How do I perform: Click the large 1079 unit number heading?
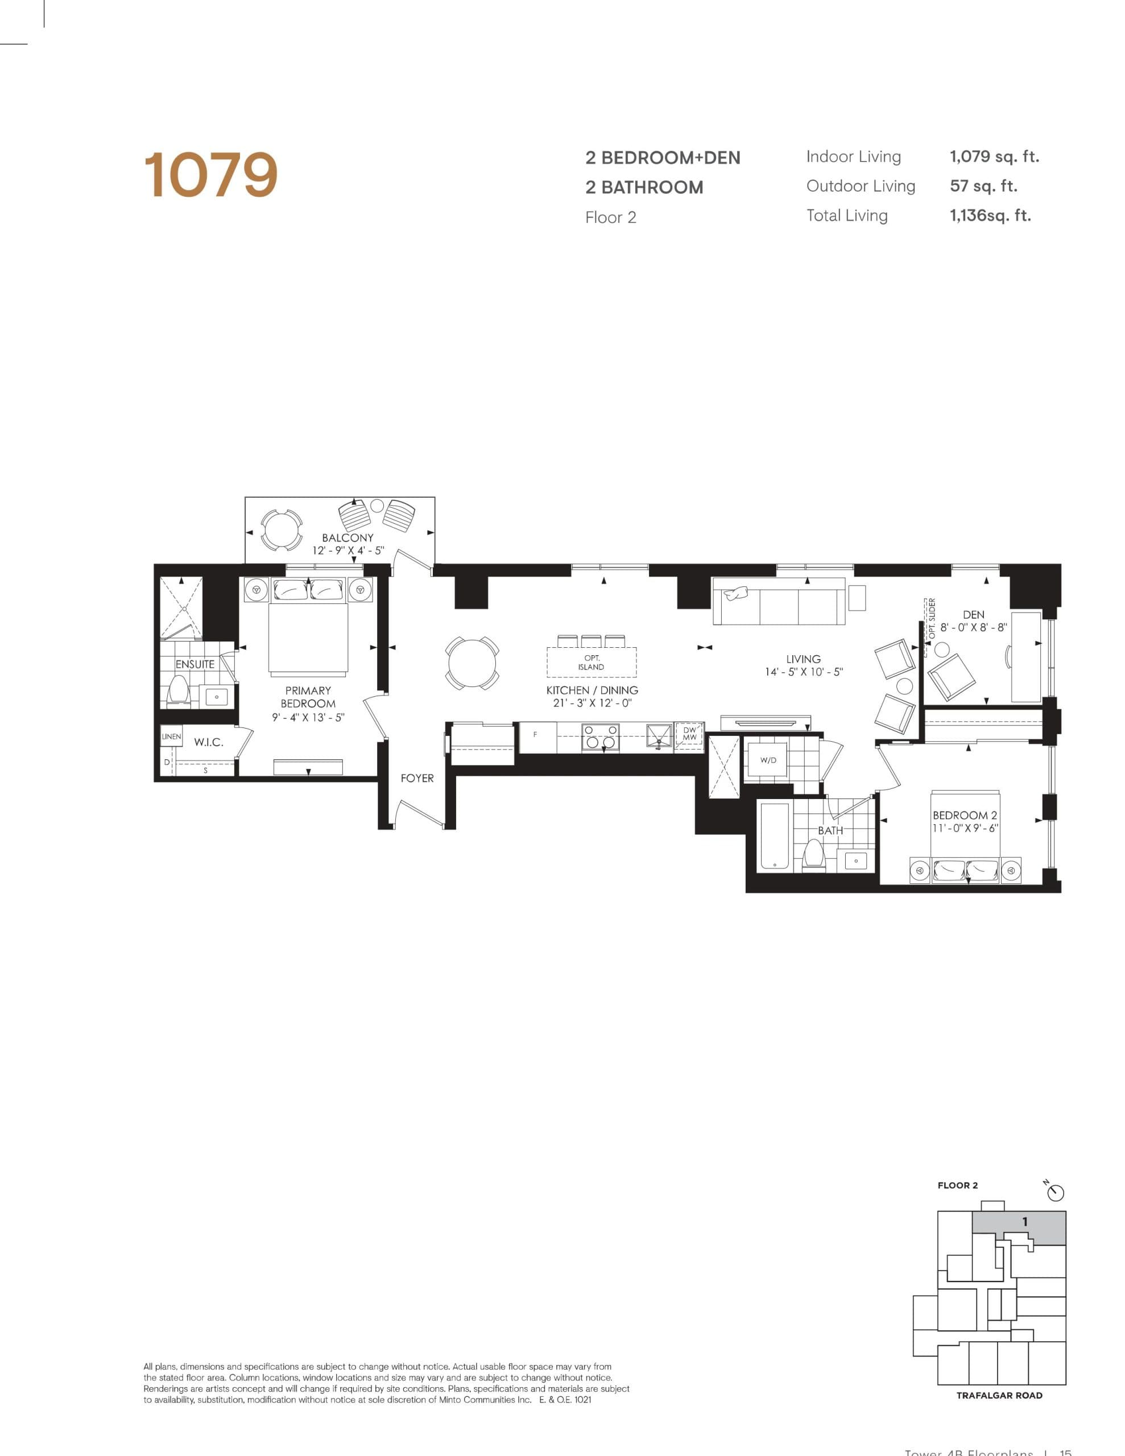211,175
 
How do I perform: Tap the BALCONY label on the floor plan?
348,537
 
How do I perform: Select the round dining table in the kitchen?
471,663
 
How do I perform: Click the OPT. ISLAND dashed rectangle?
592,662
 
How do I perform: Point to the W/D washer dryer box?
768,760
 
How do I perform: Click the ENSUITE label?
195,664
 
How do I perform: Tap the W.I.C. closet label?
208,742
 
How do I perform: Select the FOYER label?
417,778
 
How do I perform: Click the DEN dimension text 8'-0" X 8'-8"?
973,627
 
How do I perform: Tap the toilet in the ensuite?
178,690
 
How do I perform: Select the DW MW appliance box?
689,734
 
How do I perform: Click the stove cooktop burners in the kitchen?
600,737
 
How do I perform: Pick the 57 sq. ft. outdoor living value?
983,186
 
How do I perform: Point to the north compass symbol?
1056,1192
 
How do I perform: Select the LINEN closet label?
171,737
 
